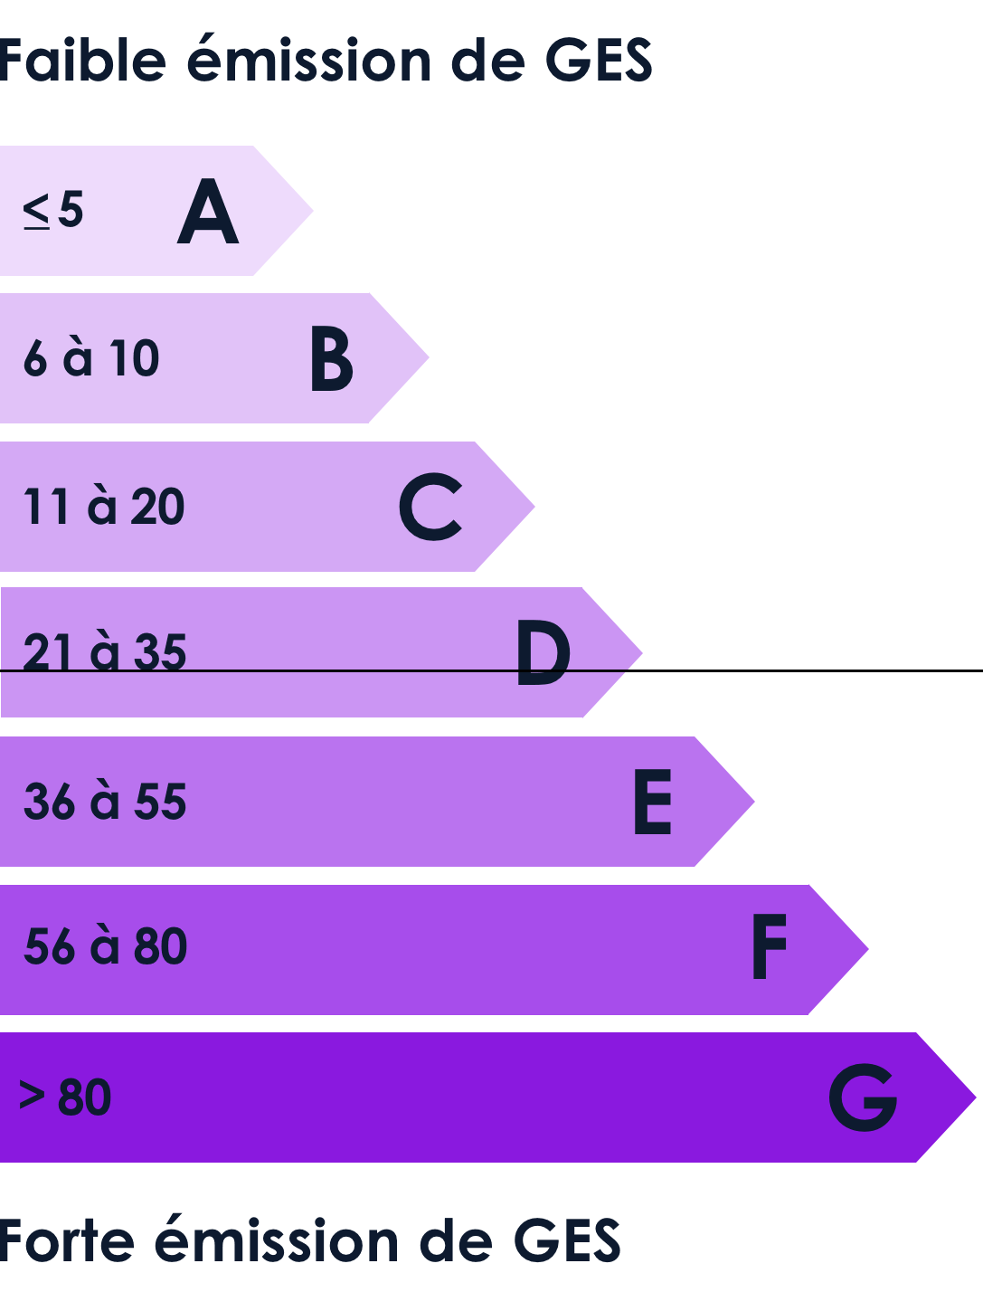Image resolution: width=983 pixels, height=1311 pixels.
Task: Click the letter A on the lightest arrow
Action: point(208,211)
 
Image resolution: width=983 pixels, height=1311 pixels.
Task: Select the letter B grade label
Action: point(332,358)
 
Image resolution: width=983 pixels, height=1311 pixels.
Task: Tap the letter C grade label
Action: point(430,507)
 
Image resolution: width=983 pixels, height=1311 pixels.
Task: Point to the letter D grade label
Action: point(543,652)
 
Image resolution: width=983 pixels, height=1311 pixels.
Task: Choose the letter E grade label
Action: point(653,802)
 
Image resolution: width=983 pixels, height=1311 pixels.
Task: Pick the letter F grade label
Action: point(770,947)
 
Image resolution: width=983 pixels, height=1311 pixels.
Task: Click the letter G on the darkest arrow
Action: point(863,1097)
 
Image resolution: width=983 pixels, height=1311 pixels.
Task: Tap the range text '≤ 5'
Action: point(53,210)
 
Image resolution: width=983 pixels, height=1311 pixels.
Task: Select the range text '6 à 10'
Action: point(91,357)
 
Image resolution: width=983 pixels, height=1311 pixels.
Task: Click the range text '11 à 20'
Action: point(104,506)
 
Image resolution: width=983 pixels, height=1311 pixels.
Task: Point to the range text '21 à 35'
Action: point(104,651)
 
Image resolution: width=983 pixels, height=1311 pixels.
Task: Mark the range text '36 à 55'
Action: point(105,801)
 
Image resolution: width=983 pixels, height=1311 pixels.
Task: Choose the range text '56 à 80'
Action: point(105,946)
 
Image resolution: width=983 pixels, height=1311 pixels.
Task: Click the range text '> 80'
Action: point(65,1097)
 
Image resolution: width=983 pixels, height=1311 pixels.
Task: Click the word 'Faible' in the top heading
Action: point(82,59)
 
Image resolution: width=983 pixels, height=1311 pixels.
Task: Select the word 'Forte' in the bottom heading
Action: point(66,1241)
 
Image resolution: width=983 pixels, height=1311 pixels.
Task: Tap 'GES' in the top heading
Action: point(600,60)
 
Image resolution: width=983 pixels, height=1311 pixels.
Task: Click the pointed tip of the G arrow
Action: point(975,1097)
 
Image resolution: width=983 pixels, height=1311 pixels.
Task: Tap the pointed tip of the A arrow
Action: point(313,210)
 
